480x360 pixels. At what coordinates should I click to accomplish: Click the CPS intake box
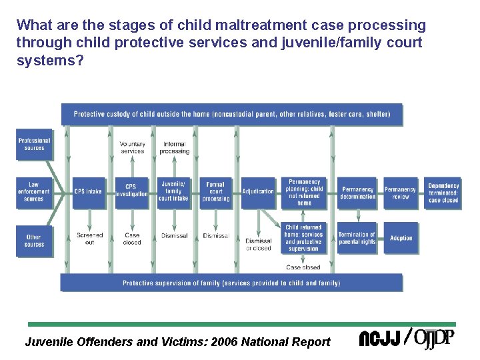click(x=89, y=191)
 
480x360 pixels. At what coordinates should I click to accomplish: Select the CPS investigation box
click(x=131, y=191)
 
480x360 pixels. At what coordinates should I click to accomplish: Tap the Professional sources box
click(x=34, y=145)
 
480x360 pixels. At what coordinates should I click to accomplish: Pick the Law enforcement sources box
click(x=34, y=191)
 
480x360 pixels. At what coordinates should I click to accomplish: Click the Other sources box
click(x=34, y=241)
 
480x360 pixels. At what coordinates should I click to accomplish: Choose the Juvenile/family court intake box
click(x=174, y=191)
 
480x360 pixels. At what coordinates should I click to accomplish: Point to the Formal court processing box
click(x=216, y=191)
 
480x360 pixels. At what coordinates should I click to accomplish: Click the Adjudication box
click(x=258, y=191)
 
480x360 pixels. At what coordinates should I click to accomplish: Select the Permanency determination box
click(x=357, y=193)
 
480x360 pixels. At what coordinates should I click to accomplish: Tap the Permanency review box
click(x=400, y=193)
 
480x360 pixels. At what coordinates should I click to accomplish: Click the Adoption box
click(x=401, y=238)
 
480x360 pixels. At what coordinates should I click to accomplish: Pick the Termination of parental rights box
click(x=357, y=238)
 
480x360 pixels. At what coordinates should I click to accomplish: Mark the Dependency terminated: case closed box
click(x=443, y=193)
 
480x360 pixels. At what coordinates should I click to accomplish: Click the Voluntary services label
click(x=132, y=147)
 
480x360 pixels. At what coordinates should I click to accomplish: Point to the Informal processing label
click(x=174, y=147)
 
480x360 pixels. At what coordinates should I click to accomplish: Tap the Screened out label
click(x=89, y=239)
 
